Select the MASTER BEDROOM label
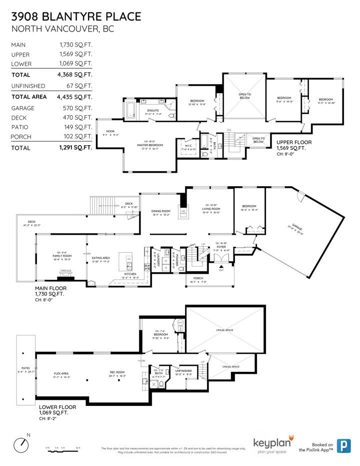pyautogui.click(x=140, y=145)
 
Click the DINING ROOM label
pyautogui.click(x=161, y=211)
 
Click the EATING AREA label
pyautogui.click(x=101, y=258)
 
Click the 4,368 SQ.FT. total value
pyautogui.click(x=75, y=75)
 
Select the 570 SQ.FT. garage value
pyautogui.click(x=75, y=108)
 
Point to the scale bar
pyautogui.click(x=63, y=450)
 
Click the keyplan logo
pyautogui.click(x=273, y=442)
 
